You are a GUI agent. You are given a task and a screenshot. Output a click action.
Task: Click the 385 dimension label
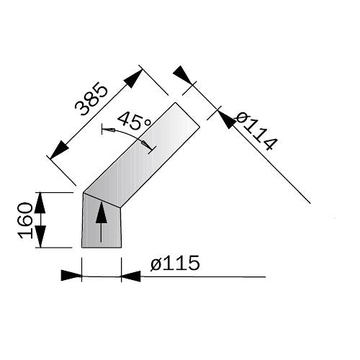(91, 99)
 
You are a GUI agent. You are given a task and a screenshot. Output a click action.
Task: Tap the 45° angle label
(134, 121)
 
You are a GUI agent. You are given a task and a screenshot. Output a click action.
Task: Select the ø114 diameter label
(256, 131)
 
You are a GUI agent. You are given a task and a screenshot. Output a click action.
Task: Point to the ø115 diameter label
(175, 263)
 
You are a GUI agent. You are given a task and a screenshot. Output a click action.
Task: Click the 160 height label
(25, 220)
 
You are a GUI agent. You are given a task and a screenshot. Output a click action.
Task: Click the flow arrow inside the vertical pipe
(101, 222)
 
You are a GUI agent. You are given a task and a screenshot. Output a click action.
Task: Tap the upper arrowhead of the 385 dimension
(133, 78)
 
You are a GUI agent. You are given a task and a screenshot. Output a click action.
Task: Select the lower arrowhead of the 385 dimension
(59, 150)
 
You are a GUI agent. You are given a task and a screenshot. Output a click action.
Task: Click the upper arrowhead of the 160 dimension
(40, 203)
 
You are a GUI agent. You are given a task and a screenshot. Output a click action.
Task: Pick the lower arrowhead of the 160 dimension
(40, 237)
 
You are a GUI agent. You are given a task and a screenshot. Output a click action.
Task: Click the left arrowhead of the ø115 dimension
(71, 276)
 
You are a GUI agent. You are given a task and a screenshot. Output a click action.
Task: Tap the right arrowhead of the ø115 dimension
(131, 276)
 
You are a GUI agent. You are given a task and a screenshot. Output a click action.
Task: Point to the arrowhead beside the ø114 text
(228, 119)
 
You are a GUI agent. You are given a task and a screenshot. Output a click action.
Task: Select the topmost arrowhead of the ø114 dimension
(183, 75)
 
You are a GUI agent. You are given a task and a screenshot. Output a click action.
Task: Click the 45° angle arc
(127, 135)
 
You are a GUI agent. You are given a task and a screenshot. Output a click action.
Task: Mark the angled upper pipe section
(142, 155)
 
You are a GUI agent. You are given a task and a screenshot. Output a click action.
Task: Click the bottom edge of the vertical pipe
(102, 247)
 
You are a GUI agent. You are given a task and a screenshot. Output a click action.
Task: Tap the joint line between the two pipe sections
(102, 199)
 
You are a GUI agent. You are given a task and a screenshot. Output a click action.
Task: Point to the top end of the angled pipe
(187, 114)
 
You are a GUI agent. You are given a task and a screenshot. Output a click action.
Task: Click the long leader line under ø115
(203, 276)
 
